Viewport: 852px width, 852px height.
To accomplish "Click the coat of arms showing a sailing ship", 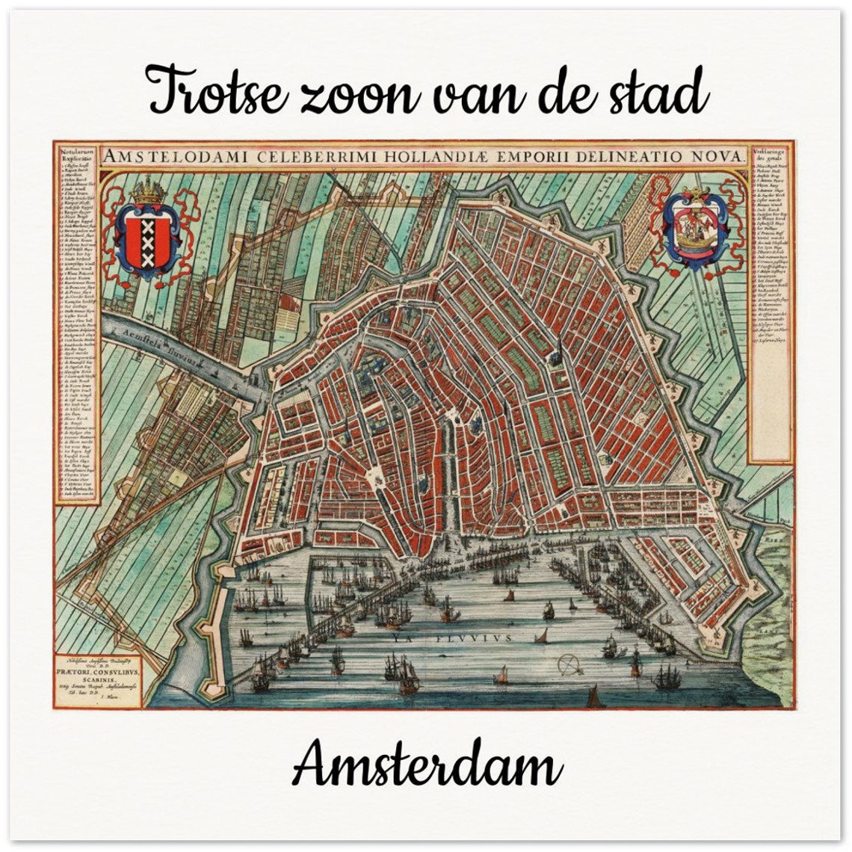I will pos(694,228).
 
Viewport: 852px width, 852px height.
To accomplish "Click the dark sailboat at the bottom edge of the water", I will pos(594,698).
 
